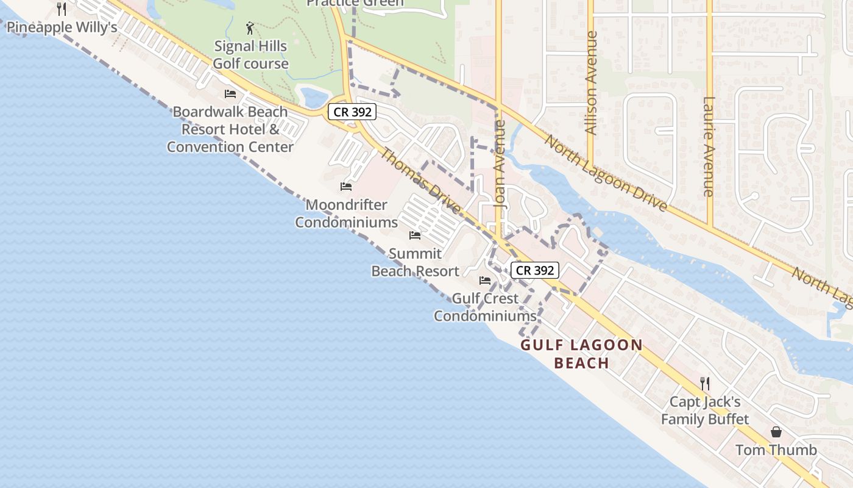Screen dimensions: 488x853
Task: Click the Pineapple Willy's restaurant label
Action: [62, 27]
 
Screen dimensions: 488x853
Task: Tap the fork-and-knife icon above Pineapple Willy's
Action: [62, 9]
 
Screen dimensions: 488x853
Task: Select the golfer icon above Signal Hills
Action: [250, 27]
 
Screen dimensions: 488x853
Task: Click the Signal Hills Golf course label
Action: [250, 55]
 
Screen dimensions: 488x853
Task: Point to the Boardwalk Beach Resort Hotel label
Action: [230, 129]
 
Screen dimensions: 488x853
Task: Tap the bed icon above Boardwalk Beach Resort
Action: [230, 93]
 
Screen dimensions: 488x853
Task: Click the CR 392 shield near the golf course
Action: [352, 112]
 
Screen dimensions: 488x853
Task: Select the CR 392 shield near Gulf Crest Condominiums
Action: [534, 270]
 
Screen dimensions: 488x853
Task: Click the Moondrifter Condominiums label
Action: [346, 213]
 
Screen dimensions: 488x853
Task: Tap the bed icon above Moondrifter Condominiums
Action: [346, 186]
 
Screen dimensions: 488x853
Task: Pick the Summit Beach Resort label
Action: [415, 262]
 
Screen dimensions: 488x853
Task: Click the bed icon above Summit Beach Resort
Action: [415, 235]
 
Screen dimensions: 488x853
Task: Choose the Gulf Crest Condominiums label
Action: [485, 307]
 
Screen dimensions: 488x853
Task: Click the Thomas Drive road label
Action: [420, 181]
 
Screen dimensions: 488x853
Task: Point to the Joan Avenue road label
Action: [500, 165]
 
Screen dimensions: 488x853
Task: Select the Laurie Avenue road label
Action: [708, 146]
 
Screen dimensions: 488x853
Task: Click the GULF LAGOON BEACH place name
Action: [582, 354]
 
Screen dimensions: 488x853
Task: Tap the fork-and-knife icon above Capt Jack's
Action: [705, 383]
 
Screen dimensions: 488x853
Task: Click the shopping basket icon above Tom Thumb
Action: [776, 432]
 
